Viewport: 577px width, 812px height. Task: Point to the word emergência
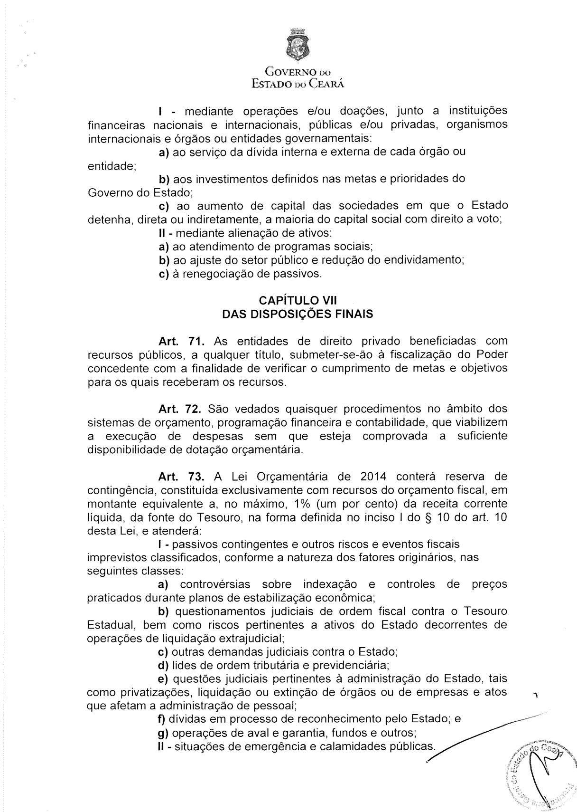tap(275, 746)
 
